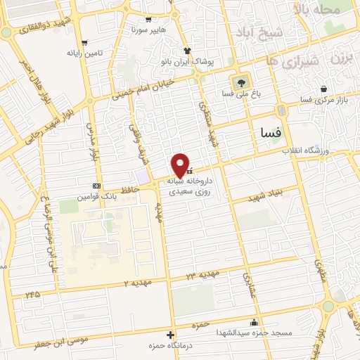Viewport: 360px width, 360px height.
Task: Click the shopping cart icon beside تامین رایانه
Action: coord(84,42)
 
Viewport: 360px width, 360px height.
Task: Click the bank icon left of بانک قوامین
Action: coord(96,186)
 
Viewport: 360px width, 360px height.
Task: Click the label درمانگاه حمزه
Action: coord(167,346)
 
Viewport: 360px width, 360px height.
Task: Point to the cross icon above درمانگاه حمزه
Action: coord(170,335)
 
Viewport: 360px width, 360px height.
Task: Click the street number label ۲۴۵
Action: coord(31,295)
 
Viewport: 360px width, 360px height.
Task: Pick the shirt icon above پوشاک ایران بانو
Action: coord(188,51)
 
